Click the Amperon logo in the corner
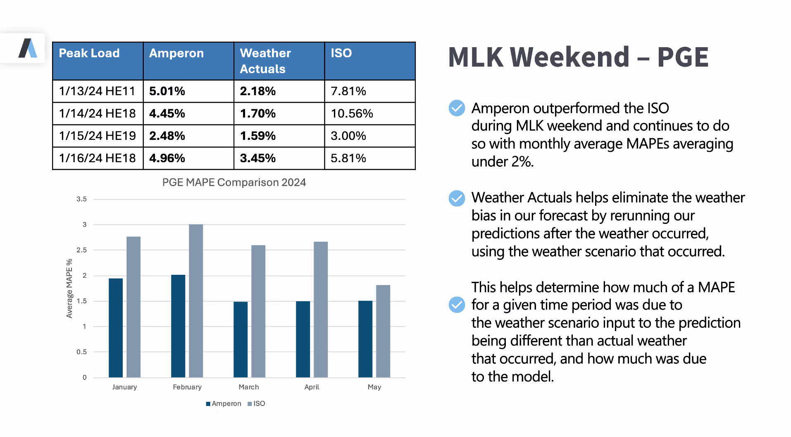(28, 48)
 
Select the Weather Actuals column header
(265, 61)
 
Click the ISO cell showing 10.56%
(352, 113)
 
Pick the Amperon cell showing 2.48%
(167, 136)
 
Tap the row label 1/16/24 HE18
(97, 158)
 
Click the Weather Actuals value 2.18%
(257, 91)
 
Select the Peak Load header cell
(89, 53)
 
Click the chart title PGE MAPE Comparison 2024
(234, 182)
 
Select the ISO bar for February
(196, 301)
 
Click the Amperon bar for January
(116, 328)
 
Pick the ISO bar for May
(383, 331)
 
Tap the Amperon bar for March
(241, 339)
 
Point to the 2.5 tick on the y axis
(81, 250)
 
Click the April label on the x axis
(312, 387)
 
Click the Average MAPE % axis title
(69, 288)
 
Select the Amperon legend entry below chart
(224, 403)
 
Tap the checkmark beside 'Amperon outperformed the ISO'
(457, 108)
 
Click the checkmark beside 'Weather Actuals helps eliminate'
(457, 198)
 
